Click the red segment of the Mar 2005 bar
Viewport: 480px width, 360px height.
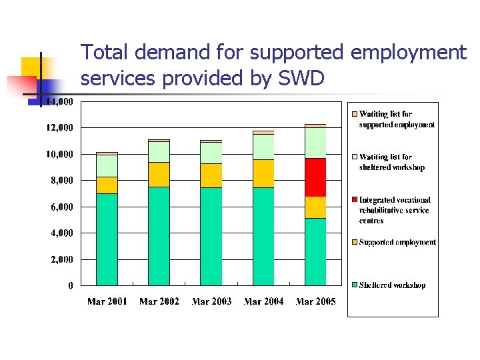point(315,177)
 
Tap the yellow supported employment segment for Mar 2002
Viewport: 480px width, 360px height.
point(159,174)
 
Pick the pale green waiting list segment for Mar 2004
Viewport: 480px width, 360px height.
point(263,147)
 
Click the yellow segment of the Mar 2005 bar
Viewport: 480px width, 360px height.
point(315,207)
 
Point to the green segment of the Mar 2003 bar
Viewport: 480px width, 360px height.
point(211,236)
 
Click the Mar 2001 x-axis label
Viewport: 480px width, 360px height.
point(107,302)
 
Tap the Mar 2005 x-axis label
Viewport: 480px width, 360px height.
point(315,302)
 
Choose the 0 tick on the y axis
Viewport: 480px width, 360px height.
point(71,286)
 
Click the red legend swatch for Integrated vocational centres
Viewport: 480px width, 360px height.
point(355,200)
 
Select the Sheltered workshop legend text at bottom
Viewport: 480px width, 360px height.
point(392,285)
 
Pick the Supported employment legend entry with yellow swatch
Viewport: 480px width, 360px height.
point(397,242)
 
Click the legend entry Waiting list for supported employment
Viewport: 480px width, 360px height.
point(396,119)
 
